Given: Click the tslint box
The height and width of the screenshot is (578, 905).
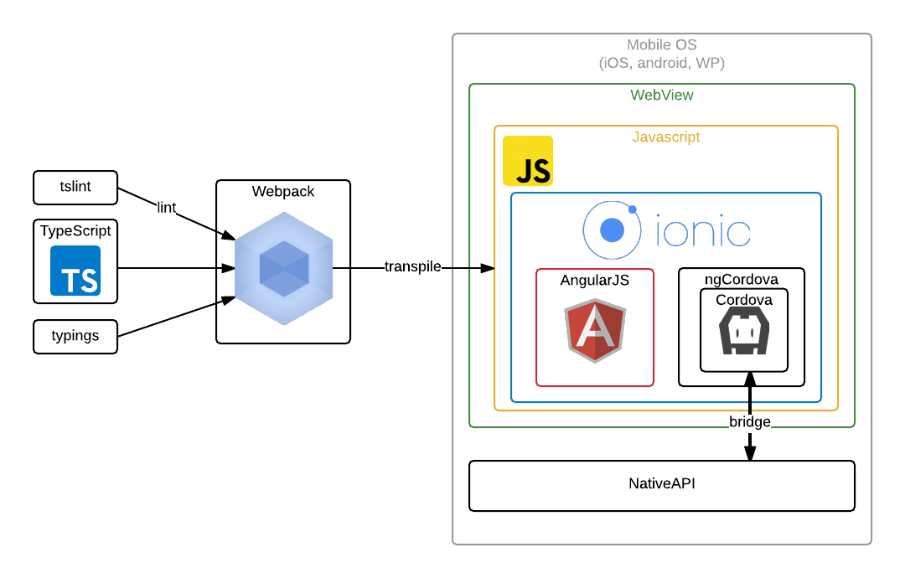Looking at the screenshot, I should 75,187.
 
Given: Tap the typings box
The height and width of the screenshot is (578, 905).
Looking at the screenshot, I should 75,336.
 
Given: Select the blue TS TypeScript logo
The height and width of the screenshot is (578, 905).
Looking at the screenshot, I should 75,271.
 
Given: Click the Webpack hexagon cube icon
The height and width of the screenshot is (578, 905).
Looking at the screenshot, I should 283,268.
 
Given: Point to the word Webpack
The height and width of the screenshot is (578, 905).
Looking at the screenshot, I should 283,192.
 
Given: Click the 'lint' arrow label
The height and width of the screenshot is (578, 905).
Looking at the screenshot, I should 167,208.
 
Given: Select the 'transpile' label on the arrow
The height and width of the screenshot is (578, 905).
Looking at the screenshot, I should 412,267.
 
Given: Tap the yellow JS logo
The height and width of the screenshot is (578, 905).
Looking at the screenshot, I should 528,161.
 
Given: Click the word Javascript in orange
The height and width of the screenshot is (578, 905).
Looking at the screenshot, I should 665,137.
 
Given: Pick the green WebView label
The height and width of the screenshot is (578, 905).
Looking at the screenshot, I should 661,95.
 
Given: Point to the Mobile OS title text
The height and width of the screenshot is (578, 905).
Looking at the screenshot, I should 661,45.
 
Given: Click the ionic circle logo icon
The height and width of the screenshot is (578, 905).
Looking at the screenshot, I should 612,230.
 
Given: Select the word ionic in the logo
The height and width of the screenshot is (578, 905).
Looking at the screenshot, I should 703,231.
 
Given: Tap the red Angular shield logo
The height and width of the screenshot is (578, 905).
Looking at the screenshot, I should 595,329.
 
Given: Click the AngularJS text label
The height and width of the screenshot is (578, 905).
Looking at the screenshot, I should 595,281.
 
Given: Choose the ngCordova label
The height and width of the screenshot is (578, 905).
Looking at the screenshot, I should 741,279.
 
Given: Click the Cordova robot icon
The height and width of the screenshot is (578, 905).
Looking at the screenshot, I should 743,330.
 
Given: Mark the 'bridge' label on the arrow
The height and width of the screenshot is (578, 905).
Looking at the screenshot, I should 749,422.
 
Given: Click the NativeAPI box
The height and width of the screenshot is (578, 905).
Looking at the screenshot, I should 661,485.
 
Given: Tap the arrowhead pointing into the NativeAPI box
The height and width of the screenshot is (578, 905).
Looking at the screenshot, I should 750,453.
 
